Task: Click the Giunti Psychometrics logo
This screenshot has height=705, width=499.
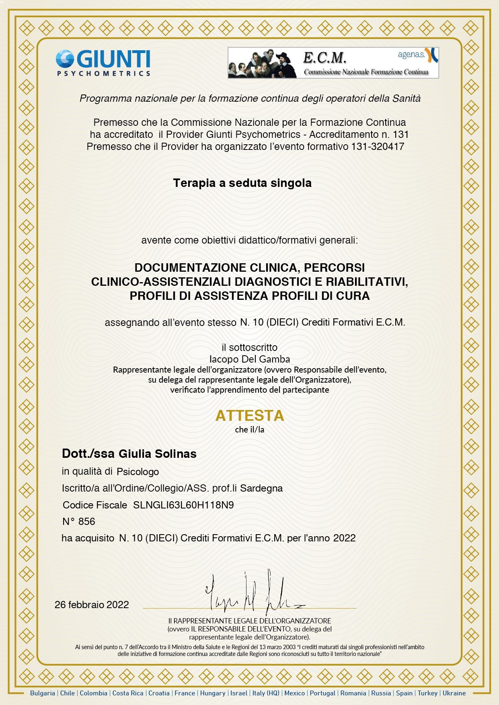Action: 103,63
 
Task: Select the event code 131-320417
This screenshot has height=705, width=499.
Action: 378,147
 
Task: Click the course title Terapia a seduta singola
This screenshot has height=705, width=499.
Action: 242,183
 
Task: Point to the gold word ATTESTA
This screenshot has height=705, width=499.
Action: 250,416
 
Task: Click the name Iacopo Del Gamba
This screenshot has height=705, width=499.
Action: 250,359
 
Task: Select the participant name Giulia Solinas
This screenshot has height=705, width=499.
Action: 157,454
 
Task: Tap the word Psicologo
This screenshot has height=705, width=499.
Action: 138,471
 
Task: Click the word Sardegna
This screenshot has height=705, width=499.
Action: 261,488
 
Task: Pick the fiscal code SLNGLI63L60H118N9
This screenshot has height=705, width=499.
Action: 183,505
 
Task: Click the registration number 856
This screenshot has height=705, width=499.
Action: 86,522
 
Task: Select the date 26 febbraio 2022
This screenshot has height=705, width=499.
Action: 92,605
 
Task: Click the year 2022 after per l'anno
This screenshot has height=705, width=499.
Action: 344,538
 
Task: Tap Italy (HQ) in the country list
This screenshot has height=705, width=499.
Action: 265,693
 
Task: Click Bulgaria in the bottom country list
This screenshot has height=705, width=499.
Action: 43,693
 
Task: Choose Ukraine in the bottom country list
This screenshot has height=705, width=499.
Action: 454,693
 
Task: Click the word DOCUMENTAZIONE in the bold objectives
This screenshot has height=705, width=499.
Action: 191,268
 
